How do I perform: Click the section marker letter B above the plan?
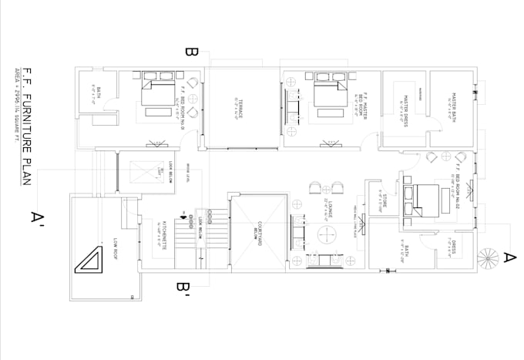[x=192, y=53]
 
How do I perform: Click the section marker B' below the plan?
[x=183, y=289]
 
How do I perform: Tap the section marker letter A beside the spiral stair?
[x=509, y=260]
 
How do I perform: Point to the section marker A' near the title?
[x=36, y=217]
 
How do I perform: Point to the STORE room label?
[x=384, y=204]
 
